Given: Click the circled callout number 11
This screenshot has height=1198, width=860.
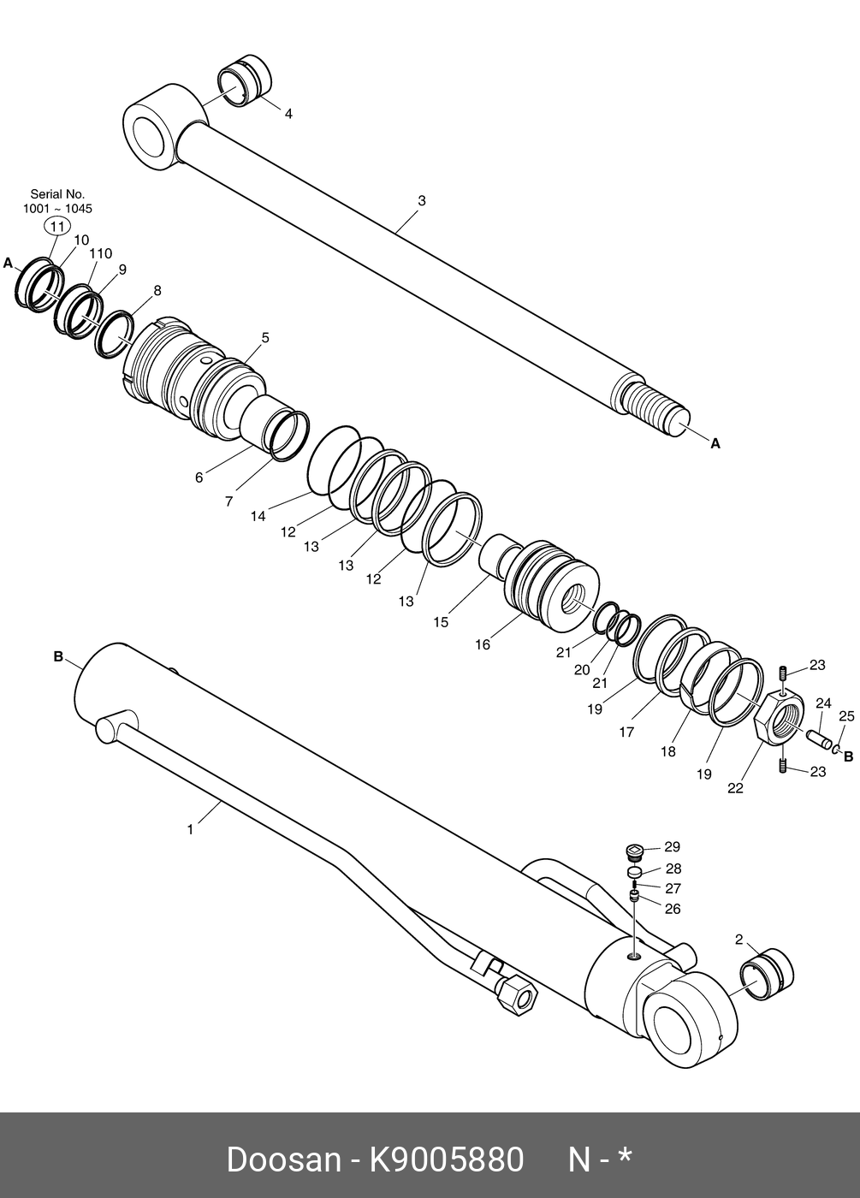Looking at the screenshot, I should tap(57, 227).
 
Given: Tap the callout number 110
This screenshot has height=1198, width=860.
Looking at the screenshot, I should tap(101, 254).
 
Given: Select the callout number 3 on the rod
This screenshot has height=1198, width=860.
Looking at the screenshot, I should tap(422, 201).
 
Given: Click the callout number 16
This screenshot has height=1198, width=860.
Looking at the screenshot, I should tap(483, 644).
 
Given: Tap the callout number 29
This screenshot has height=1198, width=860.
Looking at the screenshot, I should tap(673, 847).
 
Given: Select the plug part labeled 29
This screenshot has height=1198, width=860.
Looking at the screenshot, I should tap(633, 852).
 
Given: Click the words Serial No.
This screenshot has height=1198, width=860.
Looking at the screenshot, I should tap(57, 194).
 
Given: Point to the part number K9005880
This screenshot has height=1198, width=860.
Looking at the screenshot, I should tap(446, 1160).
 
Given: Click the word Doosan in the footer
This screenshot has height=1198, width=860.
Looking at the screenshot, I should tap(283, 1160).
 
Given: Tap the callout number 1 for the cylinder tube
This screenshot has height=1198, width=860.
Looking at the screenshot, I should tap(191, 829).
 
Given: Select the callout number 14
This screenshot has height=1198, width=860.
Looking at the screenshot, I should tap(258, 516).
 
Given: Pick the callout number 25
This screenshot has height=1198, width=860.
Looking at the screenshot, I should tap(846, 716).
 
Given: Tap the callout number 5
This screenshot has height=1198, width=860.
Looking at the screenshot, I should tap(265, 338).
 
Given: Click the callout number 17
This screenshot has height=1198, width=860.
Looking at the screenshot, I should tap(626, 732).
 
